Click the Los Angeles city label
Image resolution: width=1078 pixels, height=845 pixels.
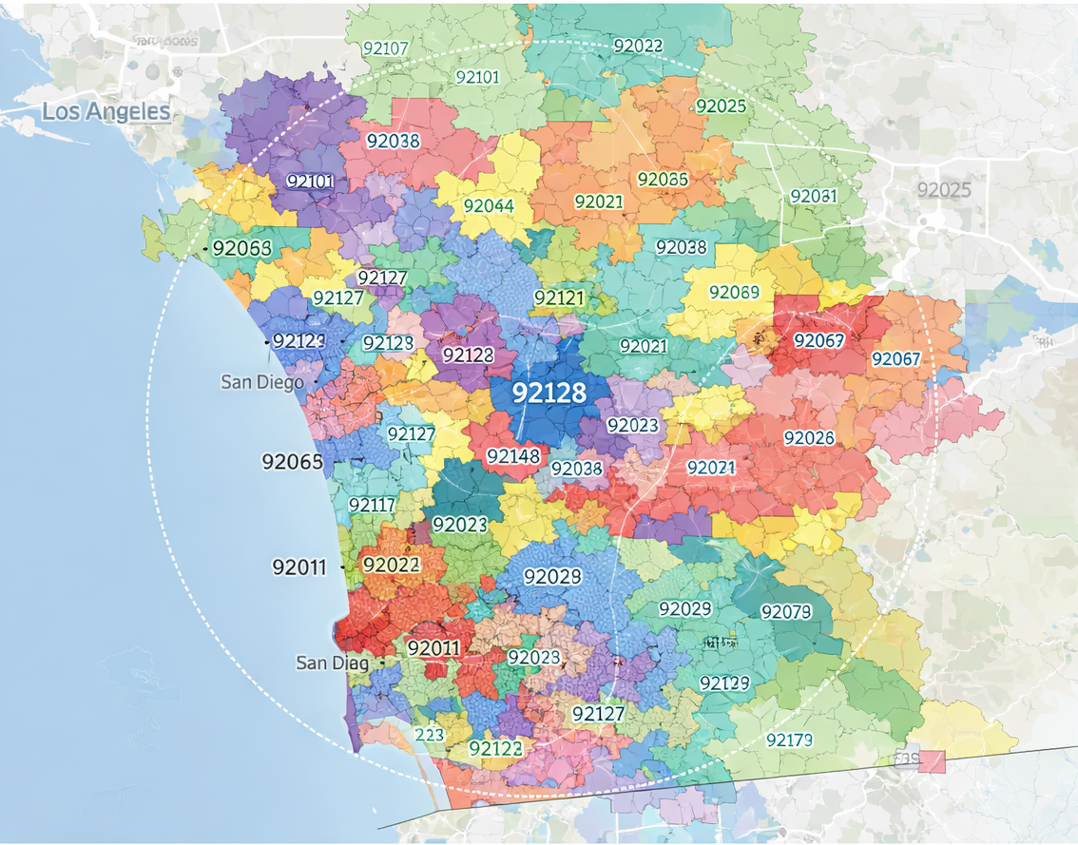tap(106, 112)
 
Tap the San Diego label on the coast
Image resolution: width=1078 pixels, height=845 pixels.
tap(262, 382)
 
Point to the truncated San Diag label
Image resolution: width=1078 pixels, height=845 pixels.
tap(332, 663)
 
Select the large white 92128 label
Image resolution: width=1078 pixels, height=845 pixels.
tap(549, 393)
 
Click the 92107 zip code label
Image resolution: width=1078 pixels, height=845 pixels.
tap(385, 48)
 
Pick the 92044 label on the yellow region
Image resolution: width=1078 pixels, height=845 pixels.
tap(489, 206)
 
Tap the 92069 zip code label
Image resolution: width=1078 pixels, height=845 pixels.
tap(734, 292)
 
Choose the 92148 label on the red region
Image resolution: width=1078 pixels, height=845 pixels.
tap(513, 456)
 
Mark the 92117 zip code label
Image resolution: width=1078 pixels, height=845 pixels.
tap(373, 505)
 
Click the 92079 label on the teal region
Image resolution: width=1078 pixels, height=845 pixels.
tap(786, 611)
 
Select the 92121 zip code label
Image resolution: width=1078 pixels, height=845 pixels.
tap(559, 298)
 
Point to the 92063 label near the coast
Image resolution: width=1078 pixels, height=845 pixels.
tap(241, 249)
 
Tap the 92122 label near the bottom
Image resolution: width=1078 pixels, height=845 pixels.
tap(495, 749)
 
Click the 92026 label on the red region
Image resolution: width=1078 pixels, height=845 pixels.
tap(809, 438)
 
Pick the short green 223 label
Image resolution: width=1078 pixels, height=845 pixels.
tap(430, 735)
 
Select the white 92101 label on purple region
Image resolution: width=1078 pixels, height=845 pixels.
tap(310, 181)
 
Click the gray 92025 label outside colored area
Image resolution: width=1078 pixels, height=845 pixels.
tap(944, 190)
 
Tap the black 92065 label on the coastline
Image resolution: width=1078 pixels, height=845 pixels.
tap(292, 463)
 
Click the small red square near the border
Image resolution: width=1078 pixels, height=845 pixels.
tap(932, 761)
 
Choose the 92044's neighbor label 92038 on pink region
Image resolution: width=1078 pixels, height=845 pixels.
tap(393, 141)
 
